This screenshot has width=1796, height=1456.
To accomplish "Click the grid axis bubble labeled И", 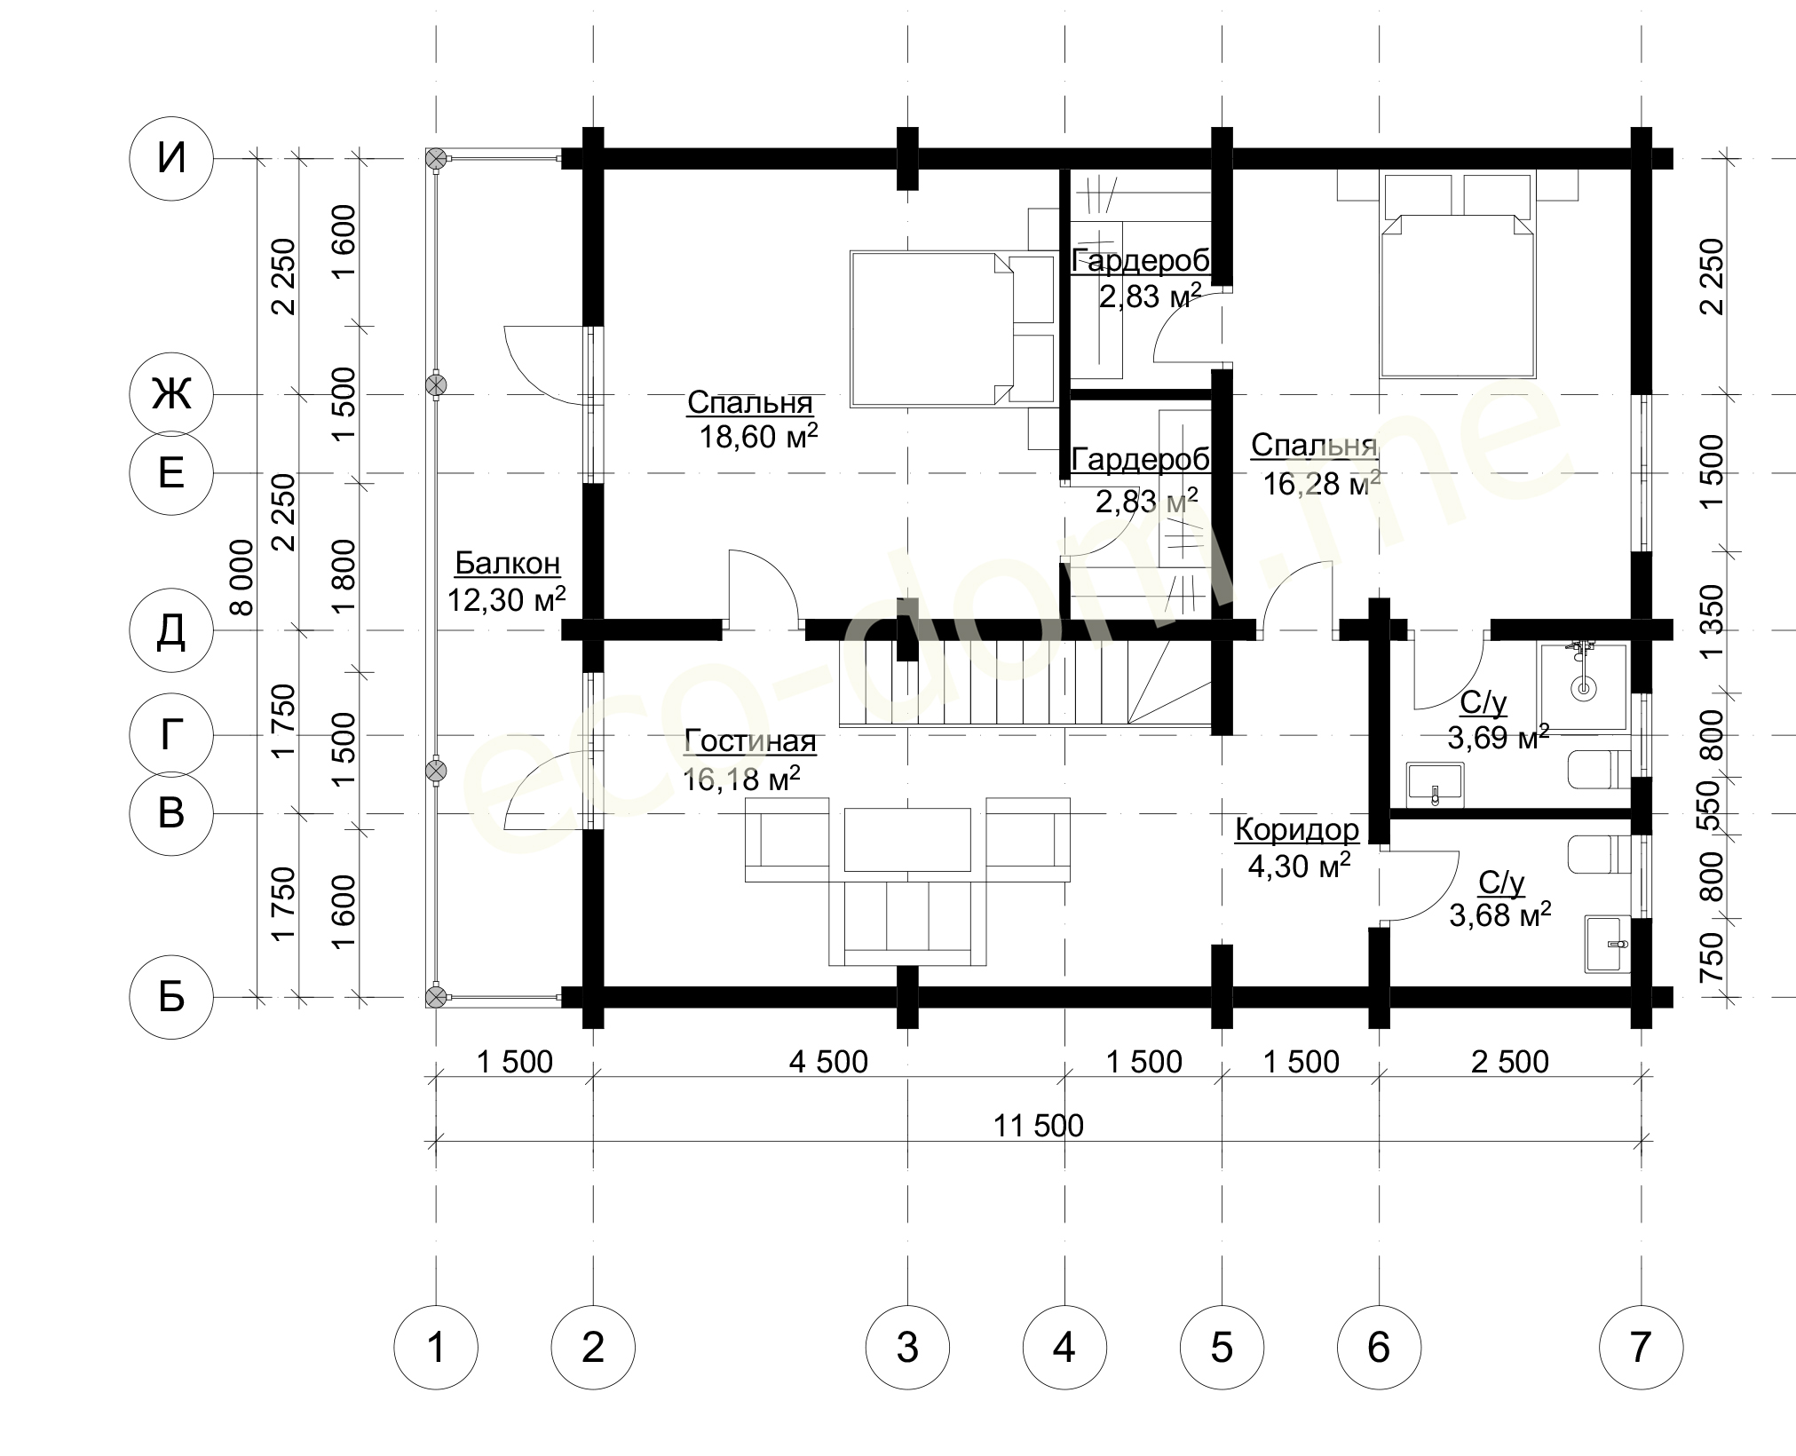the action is click(171, 160).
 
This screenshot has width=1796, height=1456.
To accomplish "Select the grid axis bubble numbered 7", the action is click(1641, 1347).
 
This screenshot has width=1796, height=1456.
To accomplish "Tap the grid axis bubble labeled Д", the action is click(171, 631).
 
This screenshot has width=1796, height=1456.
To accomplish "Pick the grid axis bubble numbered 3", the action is click(907, 1347).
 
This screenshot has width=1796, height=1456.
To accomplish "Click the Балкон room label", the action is click(508, 563).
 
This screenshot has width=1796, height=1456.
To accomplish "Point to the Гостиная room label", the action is click(750, 741).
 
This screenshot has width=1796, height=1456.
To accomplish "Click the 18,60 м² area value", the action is click(758, 436).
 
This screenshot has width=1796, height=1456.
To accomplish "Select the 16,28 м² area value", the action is click(1321, 484).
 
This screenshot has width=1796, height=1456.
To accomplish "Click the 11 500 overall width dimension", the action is click(1039, 1126).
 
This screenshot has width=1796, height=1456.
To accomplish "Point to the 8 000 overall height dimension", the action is click(241, 578).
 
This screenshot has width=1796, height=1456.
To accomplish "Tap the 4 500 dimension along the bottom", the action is click(828, 1061).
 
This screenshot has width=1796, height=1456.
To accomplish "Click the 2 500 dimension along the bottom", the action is click(1510, 1061).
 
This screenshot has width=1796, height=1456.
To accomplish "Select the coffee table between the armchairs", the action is click(907, 840).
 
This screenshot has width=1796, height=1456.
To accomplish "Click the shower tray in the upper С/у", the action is click(1583, 687).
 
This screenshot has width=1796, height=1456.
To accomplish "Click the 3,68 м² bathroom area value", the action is click(1500, 914).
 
